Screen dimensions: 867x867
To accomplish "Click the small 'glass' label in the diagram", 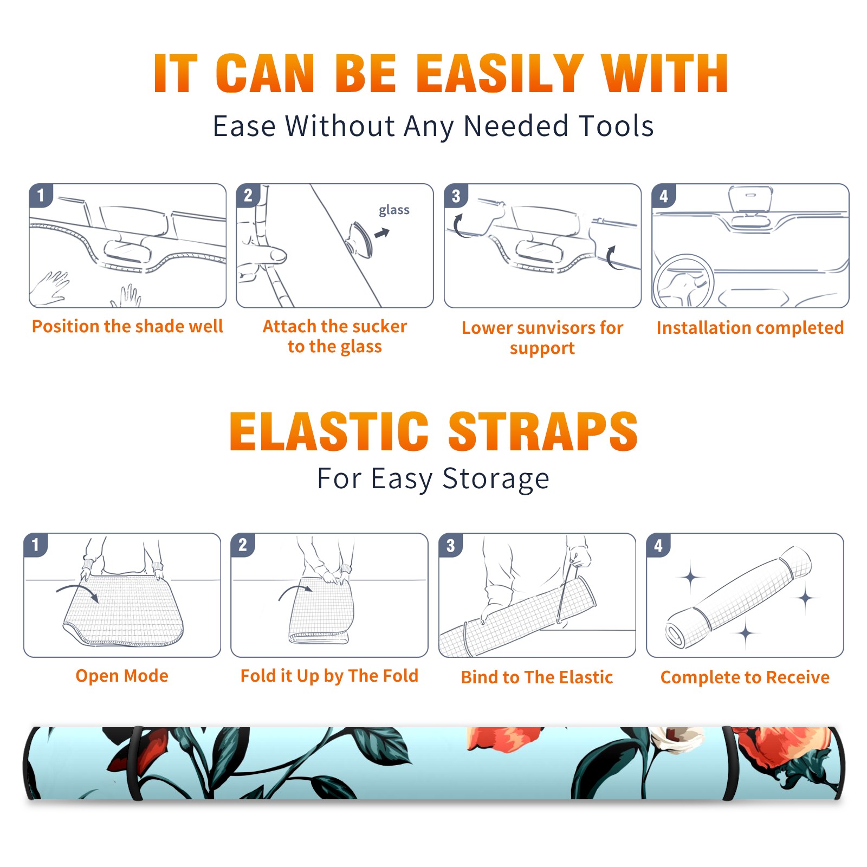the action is click(394, 210).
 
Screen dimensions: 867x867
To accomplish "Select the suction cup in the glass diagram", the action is click(360, 239).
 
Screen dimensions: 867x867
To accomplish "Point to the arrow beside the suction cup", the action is click(383, 233).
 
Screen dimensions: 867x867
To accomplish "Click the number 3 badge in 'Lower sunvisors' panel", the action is click(456, 196).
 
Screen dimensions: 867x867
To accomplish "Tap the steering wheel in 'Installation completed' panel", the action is click(683, 282).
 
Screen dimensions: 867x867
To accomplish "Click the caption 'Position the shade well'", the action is click(127, 326).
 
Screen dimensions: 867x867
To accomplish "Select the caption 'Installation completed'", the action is click(750, 328).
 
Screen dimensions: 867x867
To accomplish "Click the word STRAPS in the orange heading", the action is click(543, 431).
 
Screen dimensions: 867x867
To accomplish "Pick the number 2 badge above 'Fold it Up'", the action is click(243, 545).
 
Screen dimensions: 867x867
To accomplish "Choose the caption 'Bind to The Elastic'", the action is click(536, 677).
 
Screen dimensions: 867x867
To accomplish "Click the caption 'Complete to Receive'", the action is click(745, 677).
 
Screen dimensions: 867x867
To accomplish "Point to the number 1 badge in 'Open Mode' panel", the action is click(36, 545).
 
